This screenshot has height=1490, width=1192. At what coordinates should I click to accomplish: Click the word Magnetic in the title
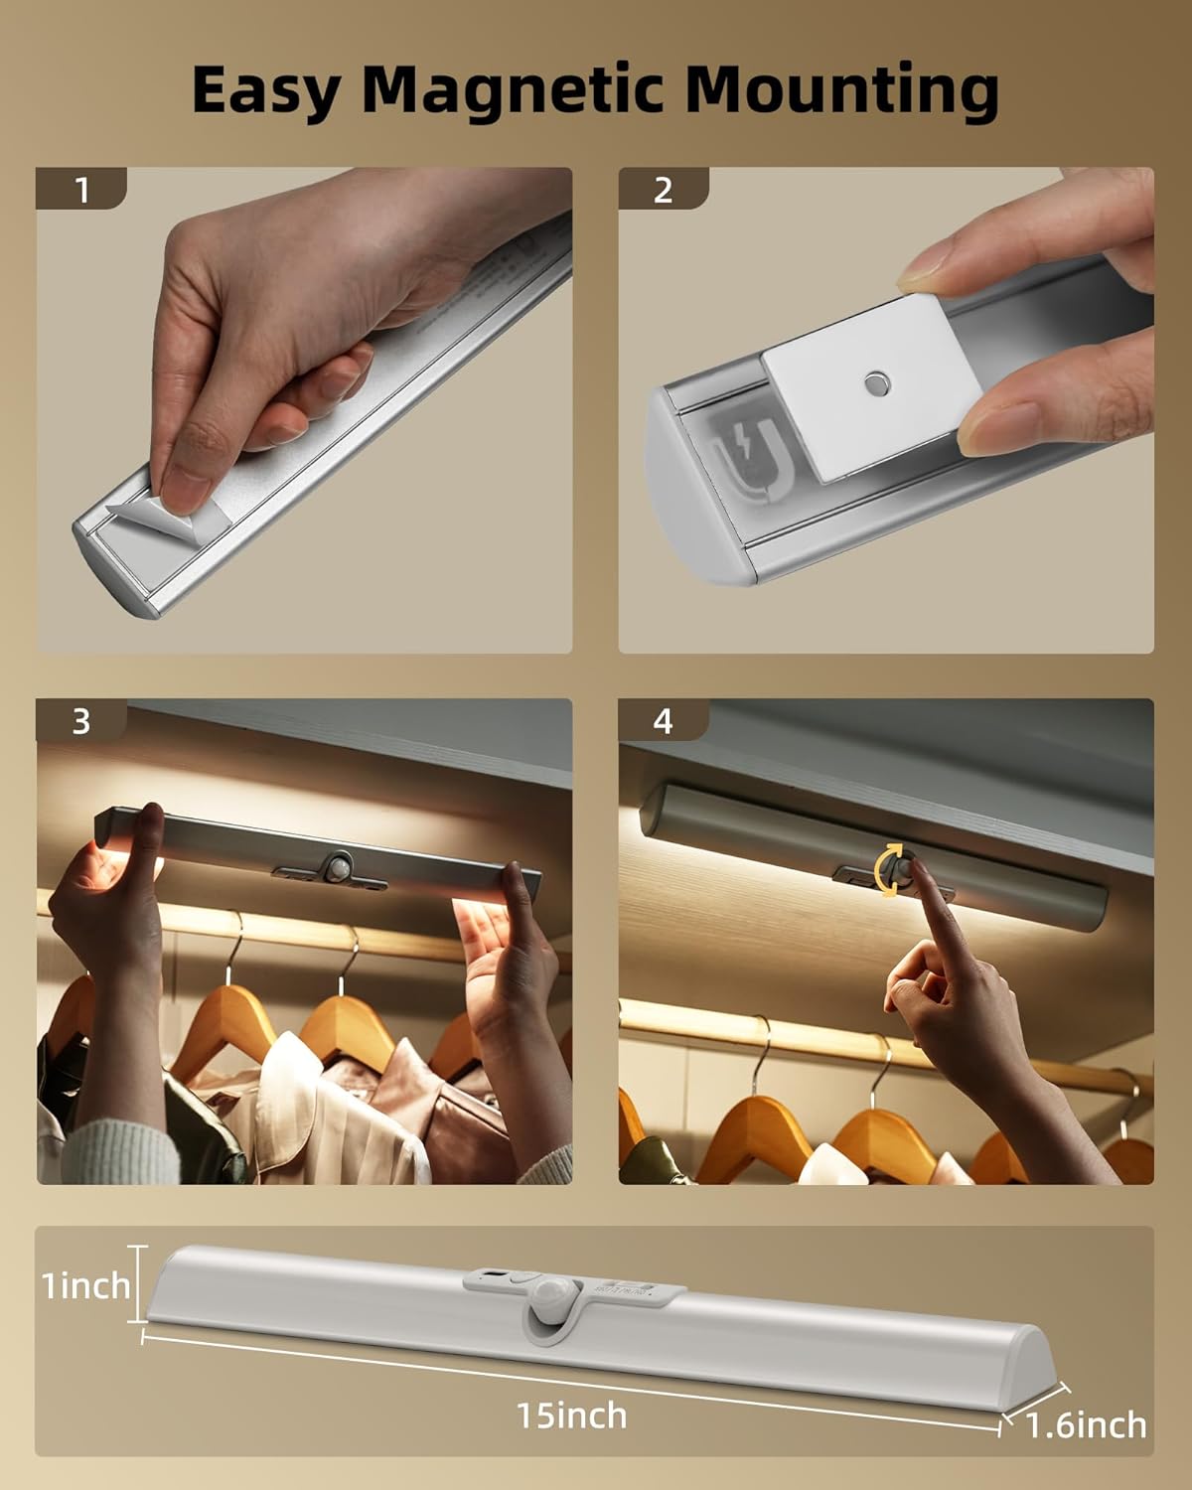coord(513,89)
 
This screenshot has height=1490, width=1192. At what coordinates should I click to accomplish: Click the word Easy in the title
coord(264,91)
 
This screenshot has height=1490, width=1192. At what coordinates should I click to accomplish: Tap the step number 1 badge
coord(81,189)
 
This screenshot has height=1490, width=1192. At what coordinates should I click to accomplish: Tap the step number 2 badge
coord(664,189)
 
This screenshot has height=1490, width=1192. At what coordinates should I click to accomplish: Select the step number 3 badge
coord(81,720)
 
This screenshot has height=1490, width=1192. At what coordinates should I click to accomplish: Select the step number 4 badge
coord(664,720)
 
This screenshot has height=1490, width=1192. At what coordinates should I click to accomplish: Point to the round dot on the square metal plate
coord(876,380)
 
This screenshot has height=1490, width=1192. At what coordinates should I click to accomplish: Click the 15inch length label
coord(571,1415)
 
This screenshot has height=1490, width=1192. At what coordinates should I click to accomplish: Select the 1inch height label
coord(86,1285)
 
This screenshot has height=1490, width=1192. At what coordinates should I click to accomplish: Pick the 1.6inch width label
coord(1086,1425)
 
